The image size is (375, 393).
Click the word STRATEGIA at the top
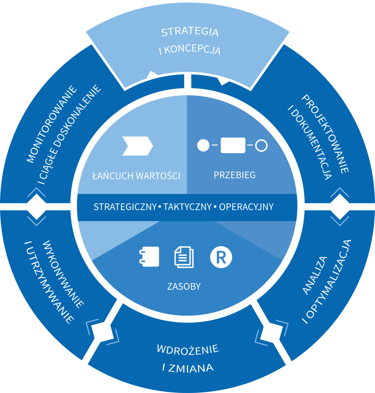[190, 32]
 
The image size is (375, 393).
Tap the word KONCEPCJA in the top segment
[192, 50]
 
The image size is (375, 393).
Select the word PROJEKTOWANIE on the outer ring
[325, 134]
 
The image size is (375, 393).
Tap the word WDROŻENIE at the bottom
[188, 349]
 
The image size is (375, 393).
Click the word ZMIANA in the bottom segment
[191, 368]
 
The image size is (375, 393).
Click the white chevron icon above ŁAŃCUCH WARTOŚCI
[137, 146]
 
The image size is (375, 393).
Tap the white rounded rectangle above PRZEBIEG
[233, 145]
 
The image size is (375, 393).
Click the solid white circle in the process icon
[203, 145]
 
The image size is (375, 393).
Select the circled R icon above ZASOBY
[221, 257]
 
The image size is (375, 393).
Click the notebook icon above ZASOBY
[149, 257]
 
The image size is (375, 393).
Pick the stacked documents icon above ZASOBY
[184, 257]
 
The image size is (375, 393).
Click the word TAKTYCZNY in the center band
[187, 207]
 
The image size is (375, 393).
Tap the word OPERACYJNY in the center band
[246, 207]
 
